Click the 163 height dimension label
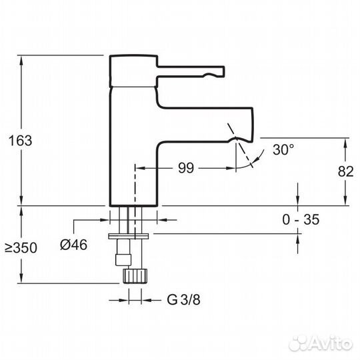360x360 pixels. [20, 141]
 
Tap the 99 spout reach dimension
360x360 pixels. [186, 168]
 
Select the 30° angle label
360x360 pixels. [283, 149]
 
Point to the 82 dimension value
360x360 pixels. [345, 171]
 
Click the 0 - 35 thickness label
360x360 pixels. [301, 219]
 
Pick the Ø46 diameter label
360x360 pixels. [74, 245]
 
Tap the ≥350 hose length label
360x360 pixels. [21, 248]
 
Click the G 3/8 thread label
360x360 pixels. [184, 299]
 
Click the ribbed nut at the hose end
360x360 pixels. [135, 276]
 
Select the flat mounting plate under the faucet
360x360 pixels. [129, 236]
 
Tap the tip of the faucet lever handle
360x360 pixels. [223, 71]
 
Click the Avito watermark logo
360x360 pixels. [321, 344]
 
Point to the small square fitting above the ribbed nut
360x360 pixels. [123, 260]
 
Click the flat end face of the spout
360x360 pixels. [253, 125]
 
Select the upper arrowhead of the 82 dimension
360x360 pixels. [345, 143]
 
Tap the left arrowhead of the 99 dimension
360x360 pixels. [140, 168]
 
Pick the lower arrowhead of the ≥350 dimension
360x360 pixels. [21, 279]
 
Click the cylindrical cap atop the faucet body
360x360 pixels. [133, 71]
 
